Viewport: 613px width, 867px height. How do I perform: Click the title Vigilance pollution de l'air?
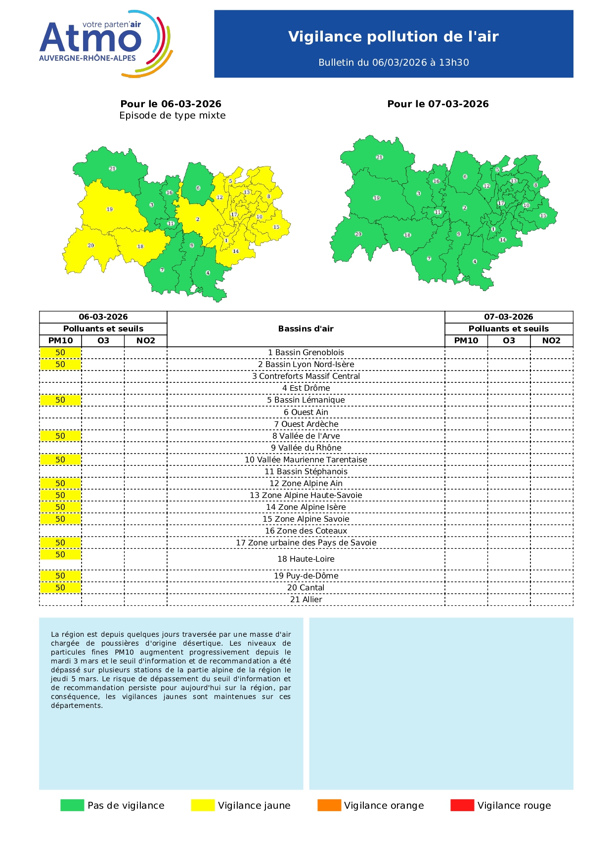(x=393, y=37)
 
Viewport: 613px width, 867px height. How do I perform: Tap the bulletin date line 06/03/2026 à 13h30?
(x=394, y=62)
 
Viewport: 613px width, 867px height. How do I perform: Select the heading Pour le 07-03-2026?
(x=438, y=104)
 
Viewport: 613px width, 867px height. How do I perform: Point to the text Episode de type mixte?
(x=172, y=116)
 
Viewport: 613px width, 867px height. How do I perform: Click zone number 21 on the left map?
(x=113, y=169)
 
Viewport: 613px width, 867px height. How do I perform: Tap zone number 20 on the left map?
(x=91, y=246)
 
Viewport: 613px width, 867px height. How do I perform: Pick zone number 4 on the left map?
(x=208, y=273)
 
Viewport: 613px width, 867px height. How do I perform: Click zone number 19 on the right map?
(x=377, y=198)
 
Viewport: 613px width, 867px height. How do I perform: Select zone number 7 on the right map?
(x=429, y=258)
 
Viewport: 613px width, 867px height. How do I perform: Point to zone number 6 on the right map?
(x=465, y=177)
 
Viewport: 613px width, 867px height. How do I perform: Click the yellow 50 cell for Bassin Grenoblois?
(x=60, y=353)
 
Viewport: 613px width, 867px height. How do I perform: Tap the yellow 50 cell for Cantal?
(x=60, y=588)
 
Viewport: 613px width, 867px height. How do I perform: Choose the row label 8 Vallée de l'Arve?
(x=306, y=436)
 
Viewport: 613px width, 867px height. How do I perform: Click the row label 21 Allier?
(x=306, y=600)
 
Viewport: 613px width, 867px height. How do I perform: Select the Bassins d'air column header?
(x=306, y=329)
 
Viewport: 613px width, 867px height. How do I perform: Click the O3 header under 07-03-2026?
(x=509, y=341)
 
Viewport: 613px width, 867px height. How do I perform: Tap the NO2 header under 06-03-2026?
(x=145, y=341)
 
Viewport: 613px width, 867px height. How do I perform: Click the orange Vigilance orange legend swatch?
(x=329, y=805)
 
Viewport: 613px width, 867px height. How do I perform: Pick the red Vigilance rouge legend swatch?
(x=462, y=805)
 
